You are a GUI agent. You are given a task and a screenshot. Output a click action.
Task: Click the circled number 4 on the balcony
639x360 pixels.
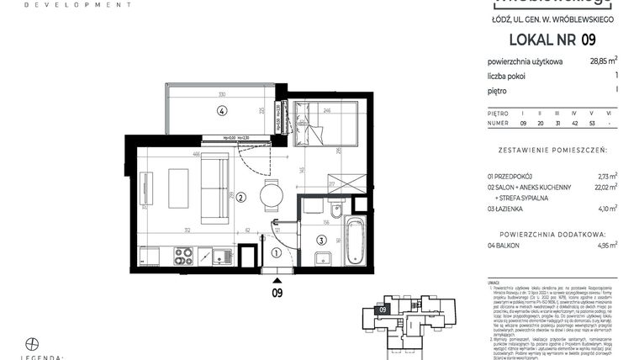click(221, 110)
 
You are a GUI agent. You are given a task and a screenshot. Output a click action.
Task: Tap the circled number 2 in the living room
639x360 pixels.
click(240, 199)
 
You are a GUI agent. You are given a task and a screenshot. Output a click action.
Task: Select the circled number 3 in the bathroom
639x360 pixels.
click(321, 240)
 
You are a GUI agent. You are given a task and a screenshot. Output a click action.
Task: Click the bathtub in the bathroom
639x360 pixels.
click(353, 240)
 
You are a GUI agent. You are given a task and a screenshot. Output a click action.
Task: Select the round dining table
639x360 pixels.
click(272, 197)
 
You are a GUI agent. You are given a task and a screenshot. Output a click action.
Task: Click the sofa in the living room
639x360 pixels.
click(214, 188)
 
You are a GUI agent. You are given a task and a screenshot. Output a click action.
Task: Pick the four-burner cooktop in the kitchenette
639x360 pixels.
click(182, 256)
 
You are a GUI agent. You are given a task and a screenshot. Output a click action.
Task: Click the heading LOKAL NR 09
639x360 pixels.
click(552, 39)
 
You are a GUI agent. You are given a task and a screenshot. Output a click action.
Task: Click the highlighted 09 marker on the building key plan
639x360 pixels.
click(383, 310)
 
